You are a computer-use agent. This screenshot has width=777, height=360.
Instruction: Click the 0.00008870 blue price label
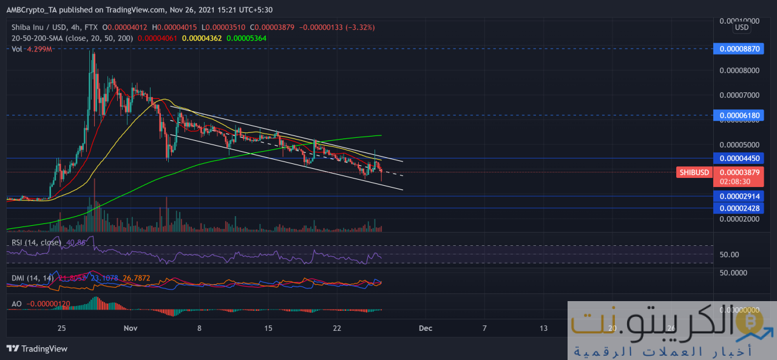tap(738, 49)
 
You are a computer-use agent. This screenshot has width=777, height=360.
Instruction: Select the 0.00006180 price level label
tap(738, 115)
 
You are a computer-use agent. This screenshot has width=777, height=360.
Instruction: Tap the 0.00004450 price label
tap(738, 158)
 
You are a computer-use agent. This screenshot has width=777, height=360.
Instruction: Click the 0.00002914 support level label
tap(738, 196)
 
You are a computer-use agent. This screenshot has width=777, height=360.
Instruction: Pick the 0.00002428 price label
tap(738, 208)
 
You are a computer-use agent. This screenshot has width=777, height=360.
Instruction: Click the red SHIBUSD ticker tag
tap(694, 172)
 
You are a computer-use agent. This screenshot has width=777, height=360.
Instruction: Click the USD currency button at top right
tap(741, 27)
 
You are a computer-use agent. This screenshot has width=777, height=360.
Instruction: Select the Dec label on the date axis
tap(426, 328)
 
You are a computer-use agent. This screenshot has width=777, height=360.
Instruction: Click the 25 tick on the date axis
tap(61, 328)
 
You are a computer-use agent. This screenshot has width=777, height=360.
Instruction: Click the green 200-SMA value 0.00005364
tap(246, 38)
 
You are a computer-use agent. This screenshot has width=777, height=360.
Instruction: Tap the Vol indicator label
tap(18, 49)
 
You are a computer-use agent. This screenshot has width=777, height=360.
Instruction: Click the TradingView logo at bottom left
tap(37, 348)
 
